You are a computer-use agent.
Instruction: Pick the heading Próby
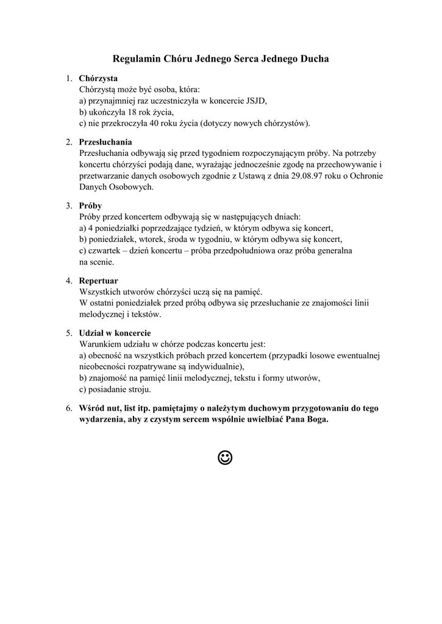click(90, 205)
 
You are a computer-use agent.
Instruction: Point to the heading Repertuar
click(98, 281)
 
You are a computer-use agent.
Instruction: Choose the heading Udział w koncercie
click(115, 333)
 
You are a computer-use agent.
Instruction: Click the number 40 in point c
click(152, 124)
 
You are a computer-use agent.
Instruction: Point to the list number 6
click(69, 408)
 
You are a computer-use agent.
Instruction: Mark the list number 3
click(69, 205)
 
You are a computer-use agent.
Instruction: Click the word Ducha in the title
click(313, 59)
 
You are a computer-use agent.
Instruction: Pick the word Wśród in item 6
click(92, 408)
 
